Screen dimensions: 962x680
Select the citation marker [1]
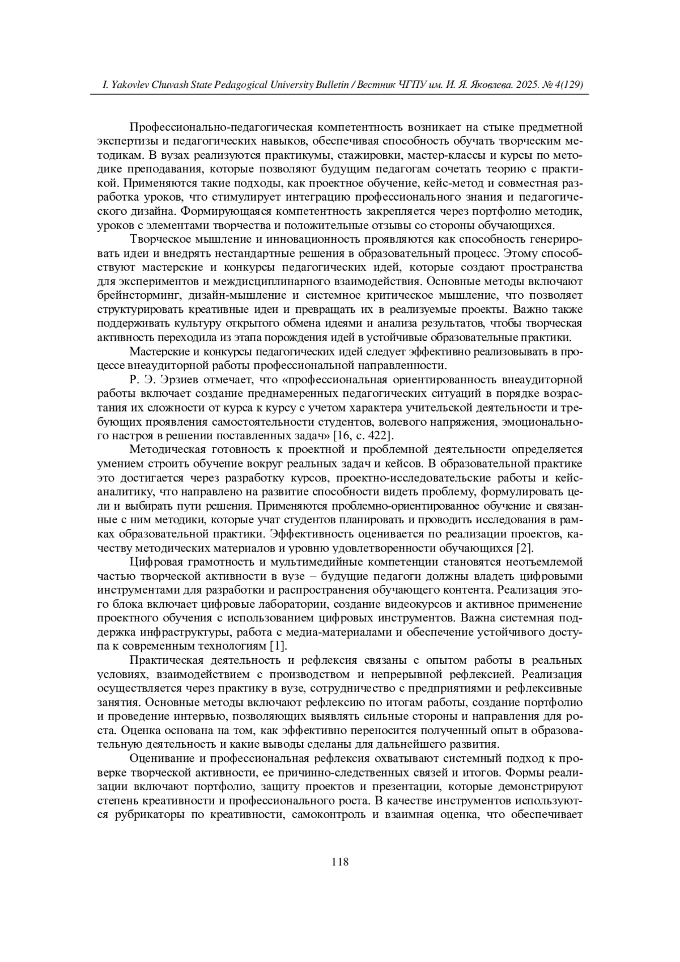coord(277,646)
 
